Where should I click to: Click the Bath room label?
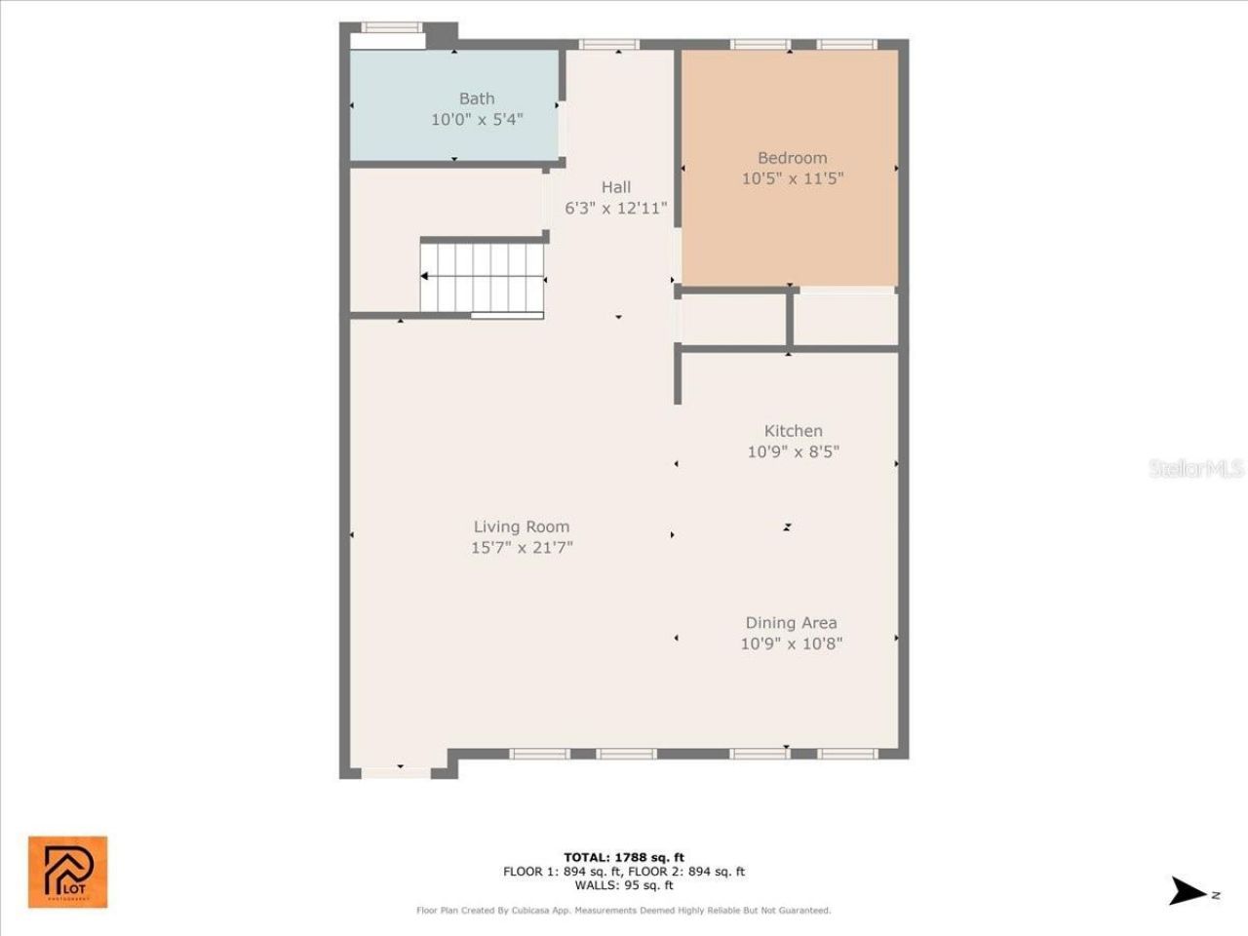click(477, 98)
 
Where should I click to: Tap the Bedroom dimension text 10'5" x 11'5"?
click(792, 178)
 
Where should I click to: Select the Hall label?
click(615, 187)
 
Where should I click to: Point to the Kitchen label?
click(793, 431)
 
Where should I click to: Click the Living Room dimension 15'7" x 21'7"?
click(522, 548)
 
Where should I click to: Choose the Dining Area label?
click(791, 623)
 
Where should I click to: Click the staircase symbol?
click(483, 277)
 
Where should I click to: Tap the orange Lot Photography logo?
click(67, 872)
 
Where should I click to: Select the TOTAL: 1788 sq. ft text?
click(623, 858)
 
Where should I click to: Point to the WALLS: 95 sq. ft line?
click(623, 885)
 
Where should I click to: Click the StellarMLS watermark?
click(1195, 469)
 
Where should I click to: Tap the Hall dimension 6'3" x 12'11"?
click(615, 208)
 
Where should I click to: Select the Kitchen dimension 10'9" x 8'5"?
click(793, 451)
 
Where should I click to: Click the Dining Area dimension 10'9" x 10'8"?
click(791, 643)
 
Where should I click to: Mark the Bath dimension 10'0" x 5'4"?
click(477, 120)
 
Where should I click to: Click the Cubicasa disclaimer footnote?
click(623, 911)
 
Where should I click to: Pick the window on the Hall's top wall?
click(609, 44)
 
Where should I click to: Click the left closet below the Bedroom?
click(733, 319)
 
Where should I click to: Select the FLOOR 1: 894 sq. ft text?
click(563, 872)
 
